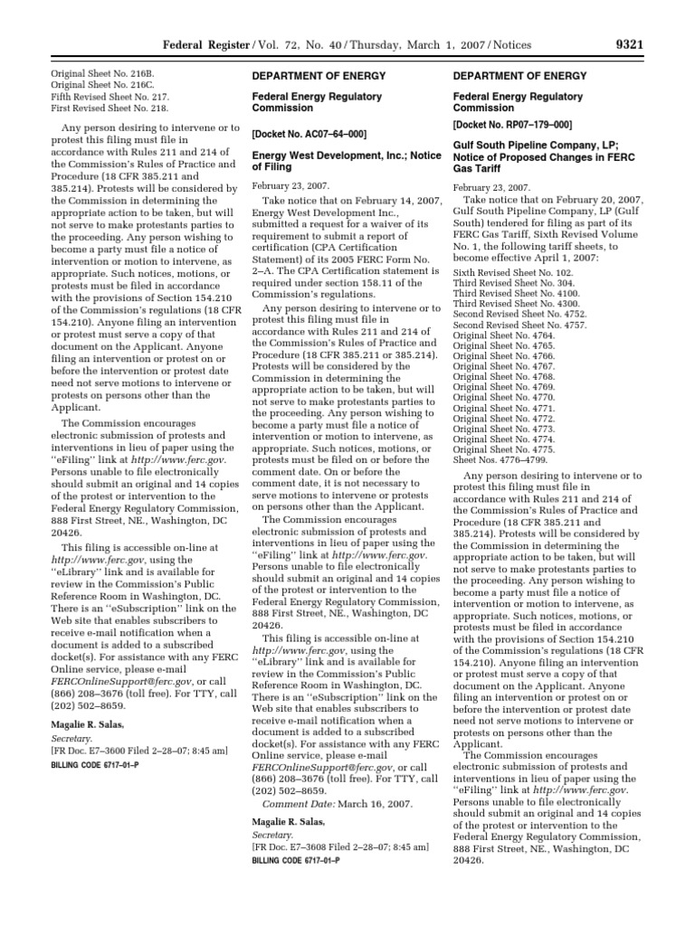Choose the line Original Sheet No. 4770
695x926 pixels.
(x=499, y=397)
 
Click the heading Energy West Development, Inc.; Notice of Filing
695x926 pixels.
(x=340, y=160)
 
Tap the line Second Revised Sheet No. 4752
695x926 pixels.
(x=508, y=312)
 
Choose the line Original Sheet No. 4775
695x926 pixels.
(x=499, y=449)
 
